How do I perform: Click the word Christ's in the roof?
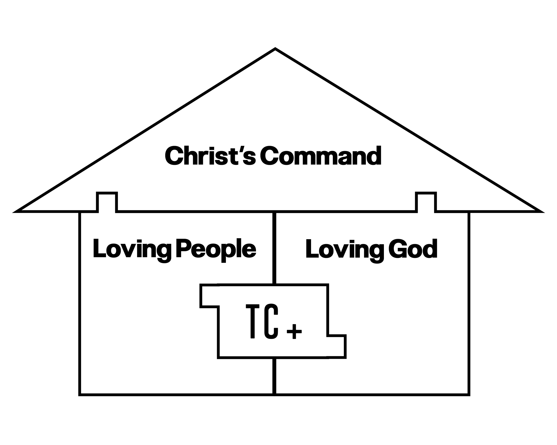click(210, 156)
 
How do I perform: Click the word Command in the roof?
click(321, 156)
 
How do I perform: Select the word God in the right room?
click(413, 249)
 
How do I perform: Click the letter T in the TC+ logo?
click(252, 321)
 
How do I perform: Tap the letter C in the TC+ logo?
click(271, 321)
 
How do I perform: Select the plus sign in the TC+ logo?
click(294, 332)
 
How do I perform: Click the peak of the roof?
click(275, 49)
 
